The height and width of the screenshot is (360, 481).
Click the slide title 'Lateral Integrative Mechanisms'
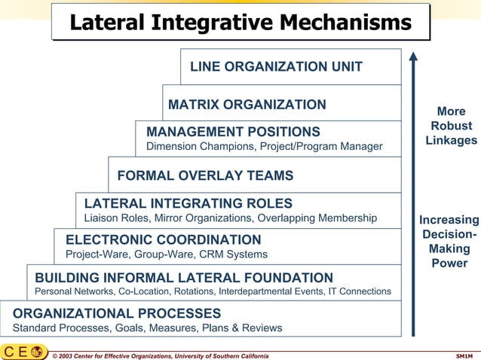[x=240, y=23]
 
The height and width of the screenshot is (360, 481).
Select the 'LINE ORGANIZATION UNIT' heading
[x=276, y=67]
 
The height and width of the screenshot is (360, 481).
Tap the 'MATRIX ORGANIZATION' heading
[x=247, y=105]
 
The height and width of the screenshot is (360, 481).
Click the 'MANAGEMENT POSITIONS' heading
[x=233, y=132]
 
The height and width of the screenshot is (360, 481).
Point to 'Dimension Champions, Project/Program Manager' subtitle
[x=264, y=146]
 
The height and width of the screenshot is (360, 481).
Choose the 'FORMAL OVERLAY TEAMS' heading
[x=205, y=176]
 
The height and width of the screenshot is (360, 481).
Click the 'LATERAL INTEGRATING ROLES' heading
[x=188, y=203]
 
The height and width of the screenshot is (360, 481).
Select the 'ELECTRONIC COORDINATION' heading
[x=163, y=239]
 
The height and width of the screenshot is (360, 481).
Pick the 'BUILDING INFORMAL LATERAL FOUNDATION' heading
[x=184, y=277]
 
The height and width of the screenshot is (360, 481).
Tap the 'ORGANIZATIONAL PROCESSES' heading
[x=117, y=313]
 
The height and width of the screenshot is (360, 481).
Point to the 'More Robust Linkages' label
[x=451, y=126]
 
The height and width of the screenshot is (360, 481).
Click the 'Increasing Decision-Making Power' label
[x=449, y=241]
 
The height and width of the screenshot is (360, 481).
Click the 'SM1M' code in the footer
[x=465, y=355]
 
